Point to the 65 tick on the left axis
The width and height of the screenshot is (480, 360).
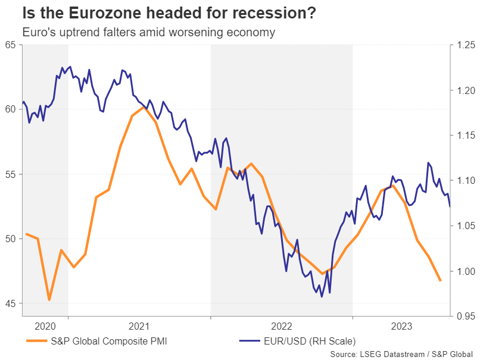pyautogui.click(x=10, y=45)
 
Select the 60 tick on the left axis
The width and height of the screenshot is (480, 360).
pyautogui.click(x=10, y=109)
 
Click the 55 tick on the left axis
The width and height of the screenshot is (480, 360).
pyautogui.click(x=10, y=174)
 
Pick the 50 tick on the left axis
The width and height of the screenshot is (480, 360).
pyautogui.click(x=10, y=239)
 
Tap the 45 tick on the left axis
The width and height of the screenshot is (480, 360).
pyautogui.click(x=10, y=303)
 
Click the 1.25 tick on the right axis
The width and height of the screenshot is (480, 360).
pyautogui.click(x=466, y=45)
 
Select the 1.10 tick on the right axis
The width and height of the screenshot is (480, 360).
pyautogui.click(x=466, y=180)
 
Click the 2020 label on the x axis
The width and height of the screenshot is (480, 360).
pyautogui.click(x=45, y=326)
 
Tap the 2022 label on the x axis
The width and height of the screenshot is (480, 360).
pyautogui.click(x=281, y=326)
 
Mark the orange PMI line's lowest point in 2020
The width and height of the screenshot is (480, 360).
pyautogui.click(x=49, y=300)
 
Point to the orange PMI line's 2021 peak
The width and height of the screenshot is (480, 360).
pyautogui.click(x=144, y=108)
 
